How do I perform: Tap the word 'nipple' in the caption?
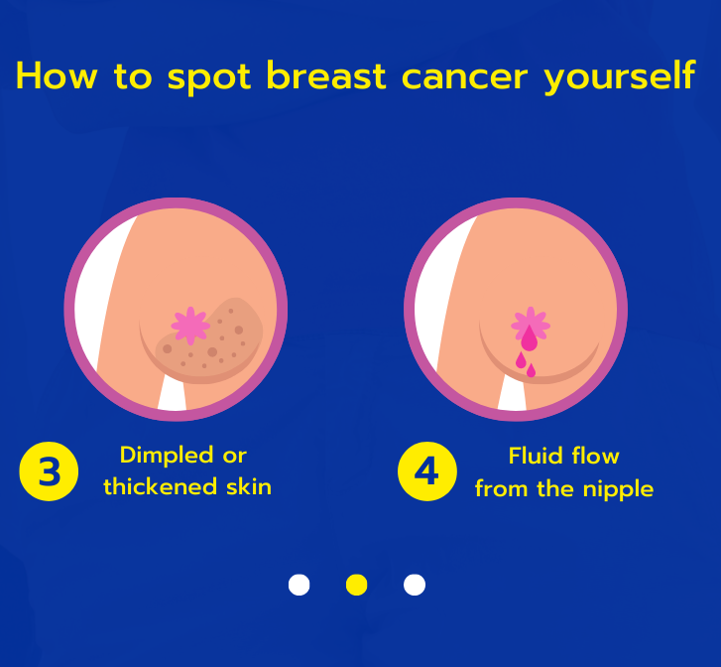tap(617, 489)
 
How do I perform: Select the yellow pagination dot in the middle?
tap(357, 585)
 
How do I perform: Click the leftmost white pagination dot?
tap(299, 585)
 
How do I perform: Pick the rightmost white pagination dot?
tap(415, 585)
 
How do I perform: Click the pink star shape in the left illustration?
tap(189, 325)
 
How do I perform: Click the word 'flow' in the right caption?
tap(593, 456)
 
